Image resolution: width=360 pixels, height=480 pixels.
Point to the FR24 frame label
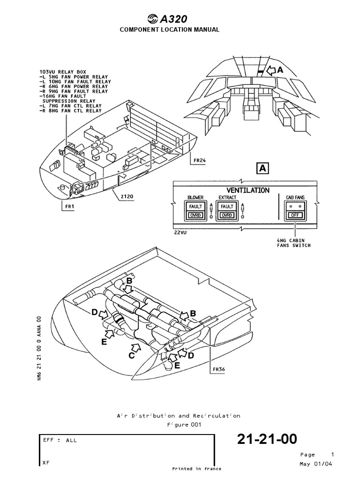pyautogui.click(x=199, y=160)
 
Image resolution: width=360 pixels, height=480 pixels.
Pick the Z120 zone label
pyautogui.click(x=126, y=197)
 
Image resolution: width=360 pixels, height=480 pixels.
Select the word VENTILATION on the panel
pyautogui.click(x=248, y=190)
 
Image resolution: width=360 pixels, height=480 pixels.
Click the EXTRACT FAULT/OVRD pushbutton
pyautogui.click(x=227, y=210)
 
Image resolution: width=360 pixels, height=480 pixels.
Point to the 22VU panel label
pyautogui.click(x=180, y=232)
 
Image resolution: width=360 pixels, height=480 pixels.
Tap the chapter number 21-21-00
pyautogui.click(x=267, y=439)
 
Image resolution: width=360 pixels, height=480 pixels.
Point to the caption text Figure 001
pyautogui.click(x=184, y=425)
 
